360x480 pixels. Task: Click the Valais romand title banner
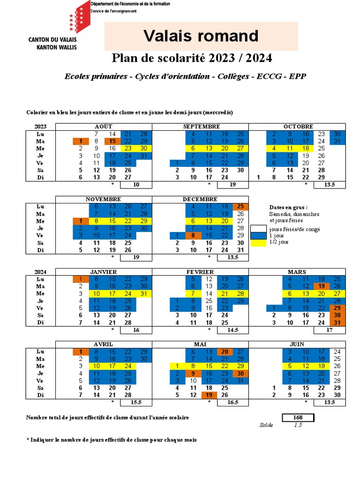point(201,36)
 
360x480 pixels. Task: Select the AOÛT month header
point(104,127)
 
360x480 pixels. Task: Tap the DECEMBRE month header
point(200,199)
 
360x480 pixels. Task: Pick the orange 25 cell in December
point(240,206)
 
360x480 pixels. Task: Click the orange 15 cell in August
point(112,141)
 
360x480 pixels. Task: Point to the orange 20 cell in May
point(225,352)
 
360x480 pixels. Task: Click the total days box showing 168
point(298,418)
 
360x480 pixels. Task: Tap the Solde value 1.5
point(298,425)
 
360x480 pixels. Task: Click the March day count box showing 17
point(329,330)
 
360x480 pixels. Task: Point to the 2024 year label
point(41,272)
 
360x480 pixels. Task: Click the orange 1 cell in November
point(81,221)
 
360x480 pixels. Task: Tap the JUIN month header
point(297,345)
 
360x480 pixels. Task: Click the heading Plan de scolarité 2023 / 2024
point(191,58)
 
